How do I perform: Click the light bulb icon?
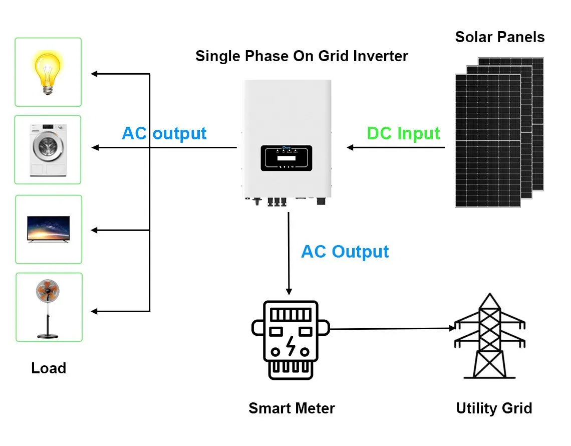click(48, 72)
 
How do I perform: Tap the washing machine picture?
click(48, 149)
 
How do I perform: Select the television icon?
click(49, 230)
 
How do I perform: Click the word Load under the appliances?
click(49, 368)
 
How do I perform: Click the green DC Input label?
click(403, 134)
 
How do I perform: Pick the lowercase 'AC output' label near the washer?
click(164, 134)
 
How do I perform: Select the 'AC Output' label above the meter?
click(345, 252)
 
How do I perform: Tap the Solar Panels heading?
click(499, 37)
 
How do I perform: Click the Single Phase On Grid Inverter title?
click(302, 56)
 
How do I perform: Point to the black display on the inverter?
click(286, 158)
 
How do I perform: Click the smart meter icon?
click(291, 339)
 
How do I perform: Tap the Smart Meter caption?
click(292, 408)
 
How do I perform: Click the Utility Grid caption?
click(494, 408)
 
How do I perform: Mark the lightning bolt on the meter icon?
click(291, 346)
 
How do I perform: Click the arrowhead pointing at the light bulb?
click(94, 74)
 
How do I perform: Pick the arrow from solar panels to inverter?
click(396, 147)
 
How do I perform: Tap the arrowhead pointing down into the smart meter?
click(289, 291)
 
